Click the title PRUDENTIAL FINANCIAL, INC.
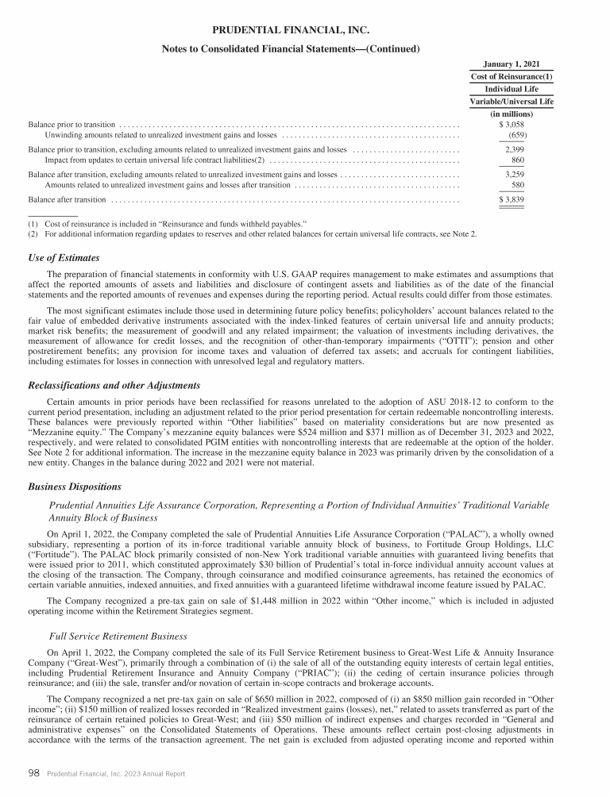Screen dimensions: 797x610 click(x=291, y=30)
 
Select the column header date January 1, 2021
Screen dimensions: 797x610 click(x=512, y=64)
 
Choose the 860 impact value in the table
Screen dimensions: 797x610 click(x=517, y=160)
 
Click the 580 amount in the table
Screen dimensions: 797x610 click(x=517, y=184)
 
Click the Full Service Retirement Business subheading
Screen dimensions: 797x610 click(x=118, y=636)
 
